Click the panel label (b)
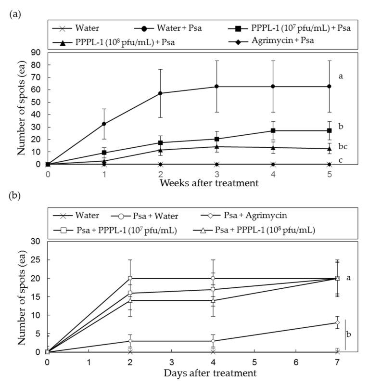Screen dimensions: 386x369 tap(14, 197)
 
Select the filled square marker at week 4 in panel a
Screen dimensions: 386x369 tap(273, 130)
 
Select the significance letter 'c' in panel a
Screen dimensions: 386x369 tap(341, 160)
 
